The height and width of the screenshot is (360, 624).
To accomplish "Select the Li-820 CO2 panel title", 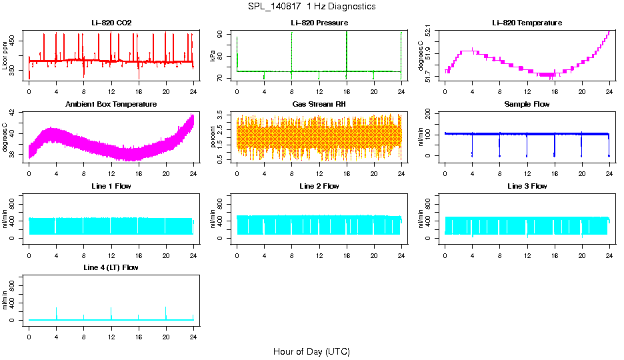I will click(111, 23).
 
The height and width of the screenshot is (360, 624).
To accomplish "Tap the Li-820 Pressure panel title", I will click(319, 23).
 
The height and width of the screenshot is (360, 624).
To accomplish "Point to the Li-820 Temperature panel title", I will click(527, 23).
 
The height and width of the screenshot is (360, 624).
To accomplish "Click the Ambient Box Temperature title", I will click(111, 105).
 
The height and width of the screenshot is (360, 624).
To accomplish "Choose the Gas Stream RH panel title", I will click(319, 105).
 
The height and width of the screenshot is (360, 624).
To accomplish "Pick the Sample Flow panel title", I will click(527, 105).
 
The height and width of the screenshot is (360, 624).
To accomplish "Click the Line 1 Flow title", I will click(111, 186).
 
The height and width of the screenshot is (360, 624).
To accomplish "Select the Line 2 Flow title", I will click(319, 186).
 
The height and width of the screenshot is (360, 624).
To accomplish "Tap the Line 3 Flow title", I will click(527, 186).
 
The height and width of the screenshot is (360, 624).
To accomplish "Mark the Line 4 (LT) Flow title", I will click(111, 267).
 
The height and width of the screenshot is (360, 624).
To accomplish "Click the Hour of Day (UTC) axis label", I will click(311, 351).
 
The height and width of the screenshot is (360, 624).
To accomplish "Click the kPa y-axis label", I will click(213, 57).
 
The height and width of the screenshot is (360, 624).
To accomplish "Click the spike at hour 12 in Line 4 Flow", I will click(111, 310).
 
